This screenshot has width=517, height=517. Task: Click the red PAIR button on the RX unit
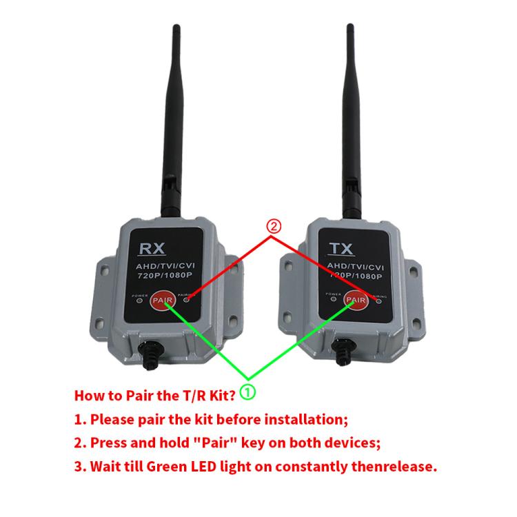click(x=162, y=301)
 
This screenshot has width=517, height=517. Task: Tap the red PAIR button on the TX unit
click(x=356, y=299)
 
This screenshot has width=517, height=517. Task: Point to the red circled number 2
click(x=274, y=226)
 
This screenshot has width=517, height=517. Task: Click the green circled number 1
click(x=248, y=392)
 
